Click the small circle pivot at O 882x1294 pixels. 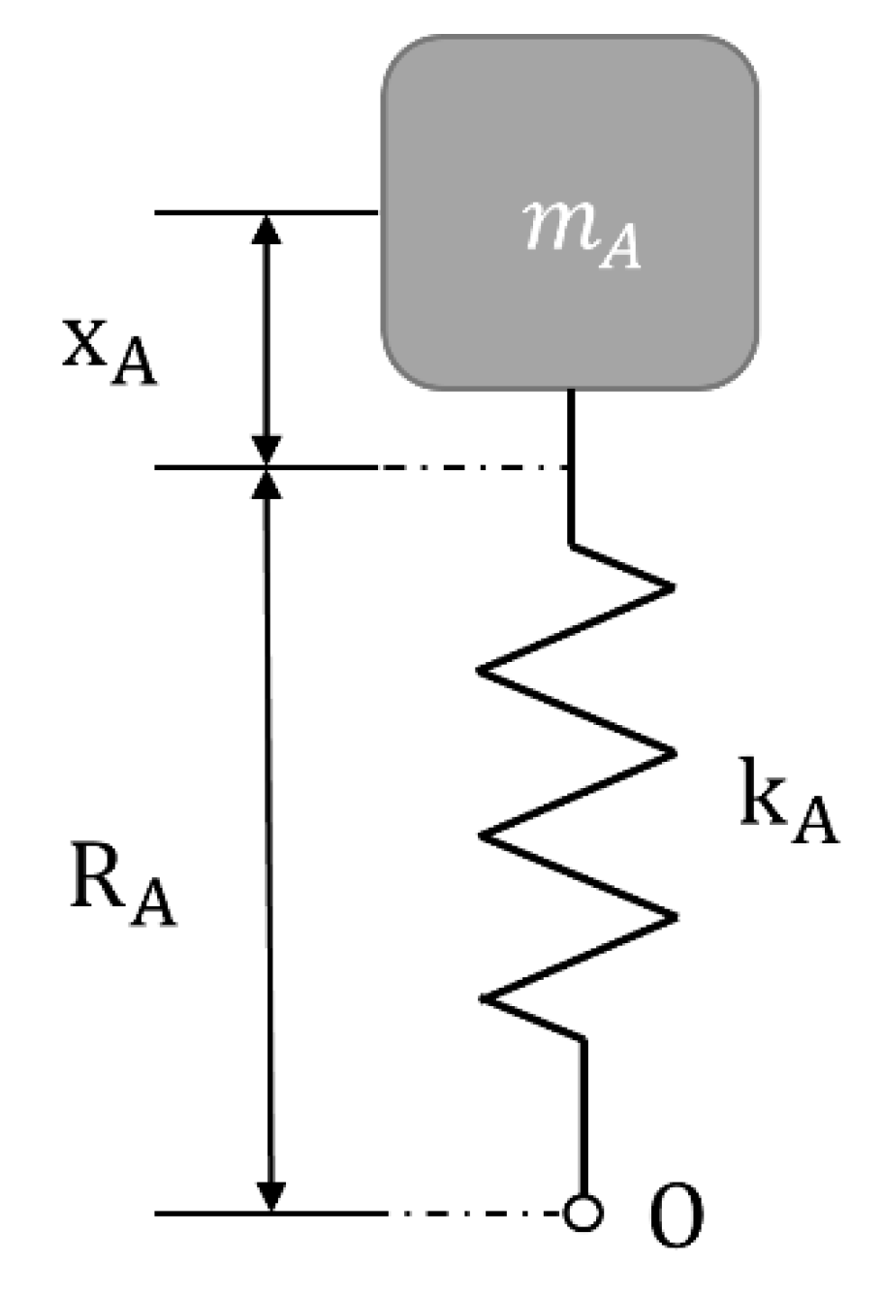tap(583, 1213)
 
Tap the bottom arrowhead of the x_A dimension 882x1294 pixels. tap(266, 452)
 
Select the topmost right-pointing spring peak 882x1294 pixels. tap(669, 587)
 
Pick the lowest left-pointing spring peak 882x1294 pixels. tap(485, 999)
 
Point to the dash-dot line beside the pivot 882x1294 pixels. tap(475, 1213)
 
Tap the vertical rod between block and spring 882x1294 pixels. tap(572, 465)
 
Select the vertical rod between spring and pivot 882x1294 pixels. tap(584, 1115)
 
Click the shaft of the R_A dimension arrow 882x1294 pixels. tap(269, 834)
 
